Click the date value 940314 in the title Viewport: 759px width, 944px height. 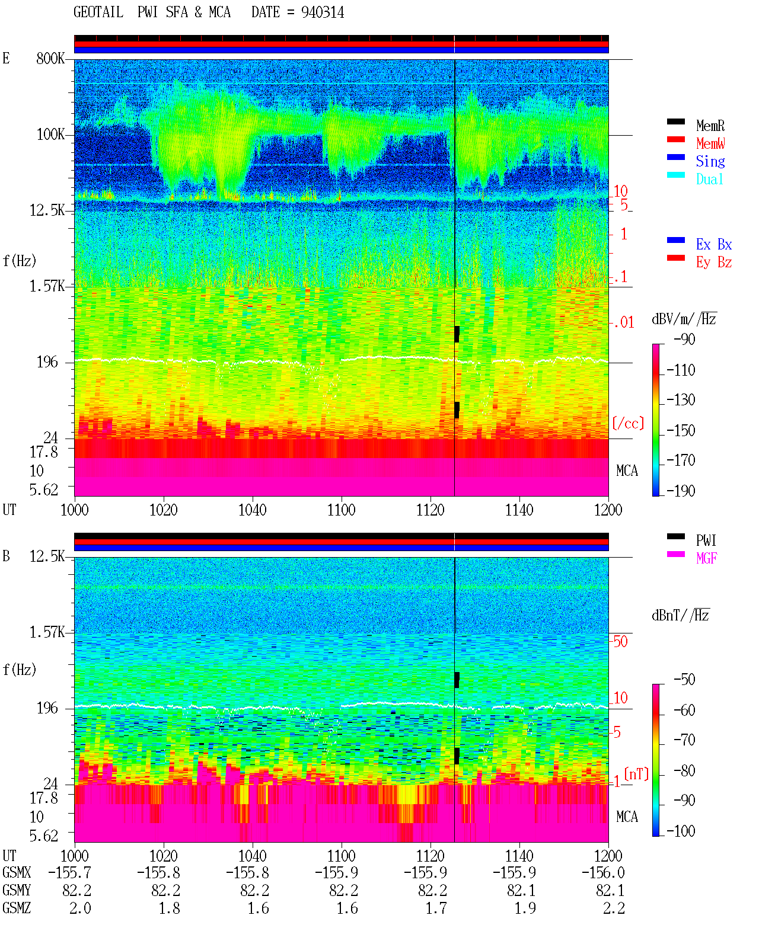[x=322, y=12]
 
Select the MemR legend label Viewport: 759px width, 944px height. [x=710, y=126]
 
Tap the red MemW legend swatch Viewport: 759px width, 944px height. [x=675, y=139]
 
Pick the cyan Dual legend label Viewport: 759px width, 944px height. [x=709, y=179]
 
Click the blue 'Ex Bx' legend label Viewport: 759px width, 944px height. [x=714, y=244]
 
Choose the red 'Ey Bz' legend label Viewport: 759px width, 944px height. [x=714, y=262]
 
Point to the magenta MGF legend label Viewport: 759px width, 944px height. [x=706, y=558]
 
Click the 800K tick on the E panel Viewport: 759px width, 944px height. [x=50, y=58]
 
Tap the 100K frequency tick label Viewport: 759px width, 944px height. [x=50, y=135]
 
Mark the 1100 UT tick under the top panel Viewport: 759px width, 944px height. [x=341, y=510]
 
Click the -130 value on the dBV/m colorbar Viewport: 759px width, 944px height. [x=681, y=399]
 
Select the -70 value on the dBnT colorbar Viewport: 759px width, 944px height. [x=684, y=740]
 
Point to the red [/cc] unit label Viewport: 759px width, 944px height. [x=628, y=423]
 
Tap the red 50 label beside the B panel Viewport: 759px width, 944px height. [x=620, y=641]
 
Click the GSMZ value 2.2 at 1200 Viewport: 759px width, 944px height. [x=614, y=908]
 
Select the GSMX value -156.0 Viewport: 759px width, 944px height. [x=603, y=872]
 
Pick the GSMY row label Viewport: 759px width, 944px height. [x=17, y=890]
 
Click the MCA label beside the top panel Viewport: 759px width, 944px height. [x=627, y=471]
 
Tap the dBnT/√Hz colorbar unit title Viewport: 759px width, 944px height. [x=681, y=615]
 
